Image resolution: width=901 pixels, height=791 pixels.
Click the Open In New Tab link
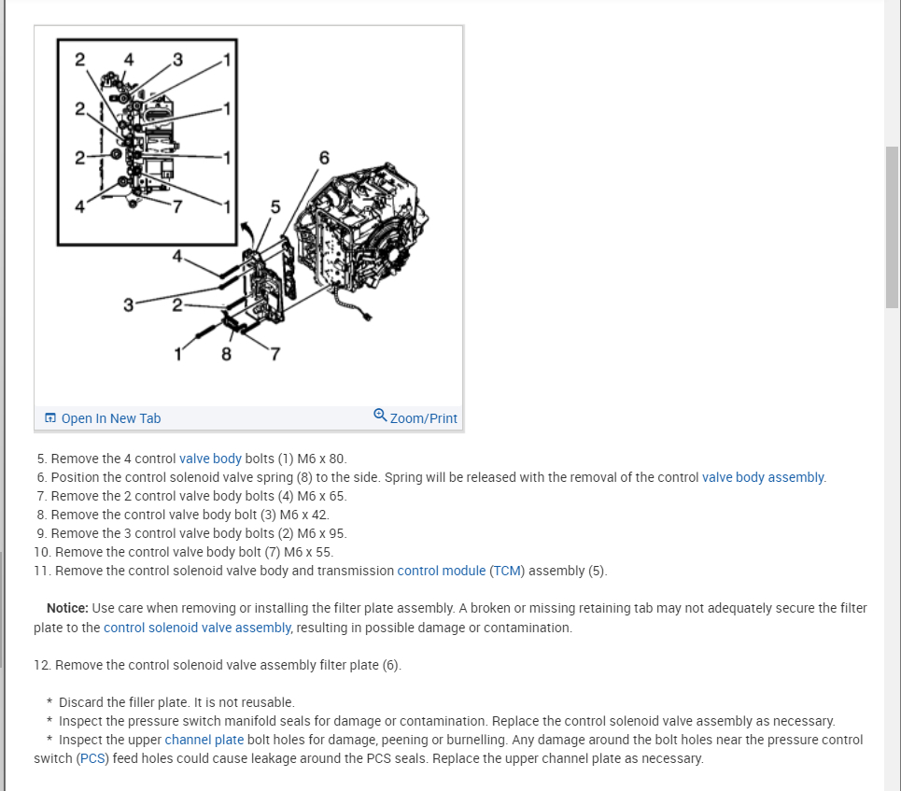point(110,418)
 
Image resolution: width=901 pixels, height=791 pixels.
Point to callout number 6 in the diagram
point(324,157)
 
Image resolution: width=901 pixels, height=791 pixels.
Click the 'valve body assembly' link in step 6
point(763,477)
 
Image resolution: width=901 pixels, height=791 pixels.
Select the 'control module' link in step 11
point(441,571)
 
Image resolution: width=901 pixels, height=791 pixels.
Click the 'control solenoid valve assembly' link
point(197,628)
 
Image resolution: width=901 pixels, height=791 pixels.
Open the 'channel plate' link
point(204,740)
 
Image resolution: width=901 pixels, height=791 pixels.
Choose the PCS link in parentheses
point(92,758)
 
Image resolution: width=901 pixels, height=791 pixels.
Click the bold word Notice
point(67,608)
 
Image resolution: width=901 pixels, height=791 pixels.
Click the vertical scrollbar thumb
point(892,226)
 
